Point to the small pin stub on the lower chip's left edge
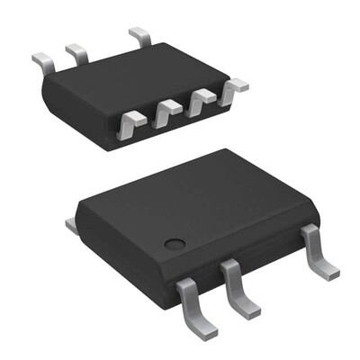coord(70,221)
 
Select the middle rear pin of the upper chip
coord(77,54)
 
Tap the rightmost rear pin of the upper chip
coord(140,38)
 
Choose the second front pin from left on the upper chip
coord(167,112)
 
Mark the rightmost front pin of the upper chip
coord(235,87)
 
